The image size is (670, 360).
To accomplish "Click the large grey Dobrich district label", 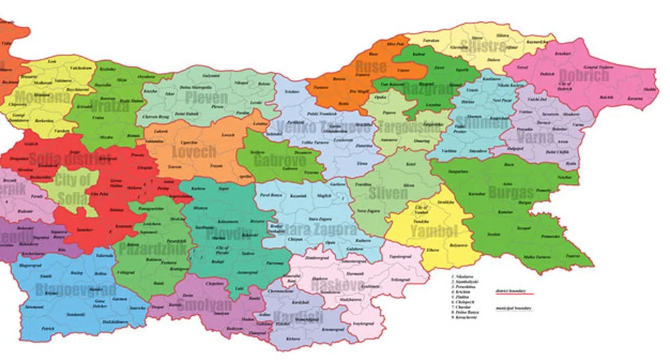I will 584,75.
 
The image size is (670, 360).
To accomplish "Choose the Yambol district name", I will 434,232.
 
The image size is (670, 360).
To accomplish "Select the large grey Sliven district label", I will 387,193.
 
